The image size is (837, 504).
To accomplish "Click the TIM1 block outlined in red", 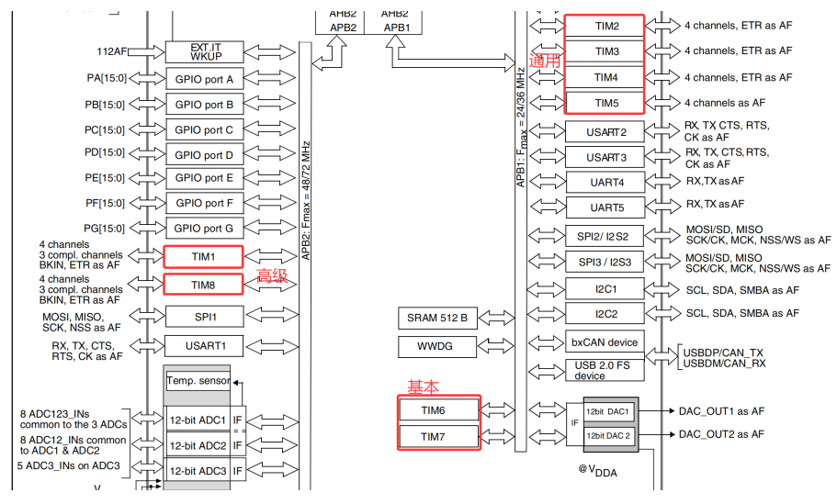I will coord(203,256).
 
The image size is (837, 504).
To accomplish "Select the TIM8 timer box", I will coord(203,285).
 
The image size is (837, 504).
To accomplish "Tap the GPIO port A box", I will coord(203,80).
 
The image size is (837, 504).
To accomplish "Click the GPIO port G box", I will coord(203,228).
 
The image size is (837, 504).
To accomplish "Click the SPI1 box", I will coord(203,317).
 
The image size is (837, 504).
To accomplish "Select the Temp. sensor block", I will coord(197,381).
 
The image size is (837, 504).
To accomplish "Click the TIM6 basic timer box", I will coord(438,409).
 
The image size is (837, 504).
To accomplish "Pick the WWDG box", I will coord(437,347).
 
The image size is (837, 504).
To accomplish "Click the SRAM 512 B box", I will coord(437,319).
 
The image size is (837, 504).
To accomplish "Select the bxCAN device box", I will coord(605,342).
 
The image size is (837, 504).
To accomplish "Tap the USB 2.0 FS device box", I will coord(605,369).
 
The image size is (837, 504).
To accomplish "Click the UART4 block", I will coord(605,182).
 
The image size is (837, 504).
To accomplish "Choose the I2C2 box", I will coord(605,314).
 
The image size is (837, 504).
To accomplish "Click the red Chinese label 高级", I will coord(272,274).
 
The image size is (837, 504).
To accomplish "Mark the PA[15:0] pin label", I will coord(106,79).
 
